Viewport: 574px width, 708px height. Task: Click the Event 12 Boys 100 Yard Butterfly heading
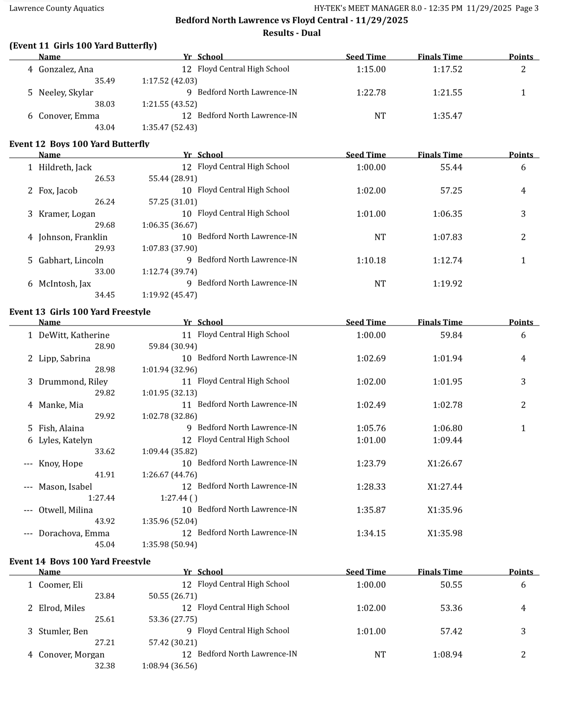pyautogui.click(x=79, y=144)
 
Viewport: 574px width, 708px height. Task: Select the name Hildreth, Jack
pyautogui.click(x=65, y=167)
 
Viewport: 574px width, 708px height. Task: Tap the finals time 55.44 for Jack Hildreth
pyautogui.click(x=451, y=167)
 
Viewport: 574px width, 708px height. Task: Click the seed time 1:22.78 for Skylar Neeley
pyautogui.click(x=371, y=92)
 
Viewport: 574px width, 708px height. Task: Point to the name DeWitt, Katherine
pyautogui.click(x=74, y=335)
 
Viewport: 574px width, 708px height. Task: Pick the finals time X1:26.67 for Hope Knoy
pyautogui.click(x=445, y=463)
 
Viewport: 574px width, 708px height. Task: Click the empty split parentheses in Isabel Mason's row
pyautogui.click(x=193, y=498)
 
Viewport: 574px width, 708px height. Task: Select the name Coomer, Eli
pyautogui.click(x=61, y=585)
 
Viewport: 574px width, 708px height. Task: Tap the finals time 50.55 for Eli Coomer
pyautogui.click(x=451, y=585)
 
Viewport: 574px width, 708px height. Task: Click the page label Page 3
pyautogui.click(x=527, y=8)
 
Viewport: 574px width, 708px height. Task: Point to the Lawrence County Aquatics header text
pyautogui.click(x=57, y=8)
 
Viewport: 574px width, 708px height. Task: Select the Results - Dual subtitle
pyautogui.click(x=292, y=33)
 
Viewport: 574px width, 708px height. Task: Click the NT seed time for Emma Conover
pyautogui.click(x=380, y=116)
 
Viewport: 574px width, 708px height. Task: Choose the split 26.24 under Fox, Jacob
pyautogui.click(x=105, y=202)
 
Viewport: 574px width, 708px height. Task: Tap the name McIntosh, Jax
pyautogui.click(x=65, y=283)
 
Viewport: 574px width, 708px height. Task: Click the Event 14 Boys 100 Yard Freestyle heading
pyautogui.click(x=80, y=561)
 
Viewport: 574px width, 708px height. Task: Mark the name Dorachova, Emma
pyautogui.click(x=74, y=533)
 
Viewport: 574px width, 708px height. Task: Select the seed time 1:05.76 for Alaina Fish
pyautogui.click(x=371, y=428)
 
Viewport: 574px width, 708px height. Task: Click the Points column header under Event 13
pyautogui.click(x=521, y=322)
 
